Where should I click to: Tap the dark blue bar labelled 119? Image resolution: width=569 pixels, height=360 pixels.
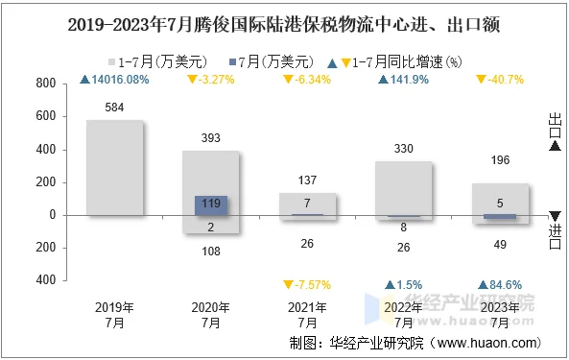[211, 204]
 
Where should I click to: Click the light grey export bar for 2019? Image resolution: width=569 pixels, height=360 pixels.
[114, 168]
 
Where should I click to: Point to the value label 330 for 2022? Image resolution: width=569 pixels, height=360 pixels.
[404, 148]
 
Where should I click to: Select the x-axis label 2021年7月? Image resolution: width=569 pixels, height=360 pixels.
[307, 315]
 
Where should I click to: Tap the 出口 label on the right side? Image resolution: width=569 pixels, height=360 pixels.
[556, 125]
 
